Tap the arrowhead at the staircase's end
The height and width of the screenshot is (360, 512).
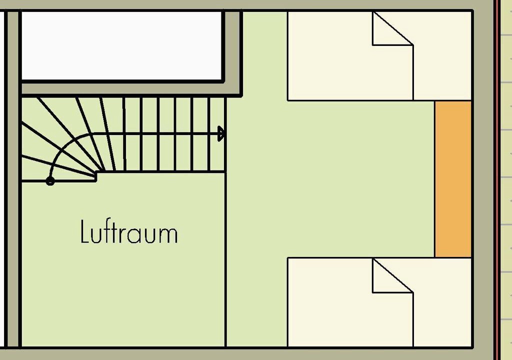point(221,133)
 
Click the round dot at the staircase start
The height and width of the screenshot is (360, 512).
point(50,181)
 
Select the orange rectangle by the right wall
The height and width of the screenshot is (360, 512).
point(453,179)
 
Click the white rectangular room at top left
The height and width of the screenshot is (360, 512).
point(121,45)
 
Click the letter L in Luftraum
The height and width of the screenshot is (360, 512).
point(84,231)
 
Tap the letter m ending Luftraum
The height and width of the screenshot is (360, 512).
point(170,235)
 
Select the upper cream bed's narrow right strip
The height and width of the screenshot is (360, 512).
point(442,72)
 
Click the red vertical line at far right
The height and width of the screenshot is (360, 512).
point(496,180)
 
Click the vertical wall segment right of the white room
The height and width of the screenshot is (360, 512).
point(233,54)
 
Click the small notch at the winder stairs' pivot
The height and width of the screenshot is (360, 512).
point(96,176)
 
